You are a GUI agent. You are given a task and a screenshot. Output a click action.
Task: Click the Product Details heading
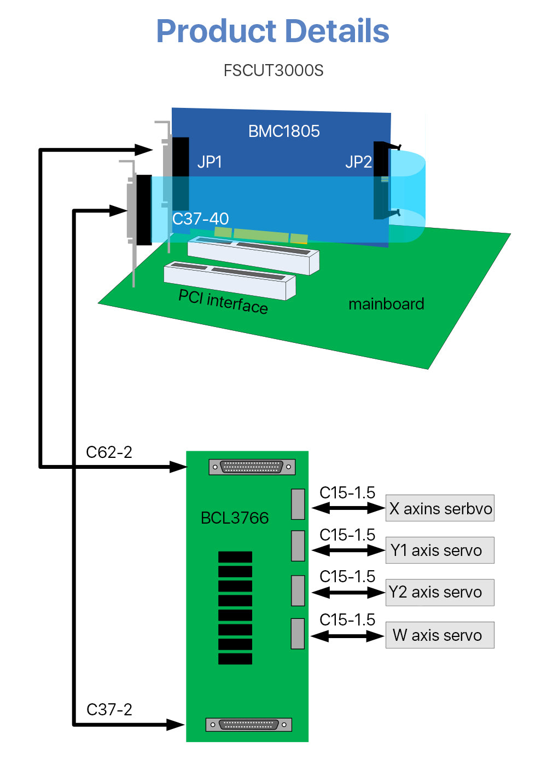[272, 31]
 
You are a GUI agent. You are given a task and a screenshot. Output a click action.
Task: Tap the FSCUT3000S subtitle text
[273, 71]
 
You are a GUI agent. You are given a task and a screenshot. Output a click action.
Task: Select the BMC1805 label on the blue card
[284, 131]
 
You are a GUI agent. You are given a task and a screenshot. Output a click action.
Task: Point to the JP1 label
[210, 162]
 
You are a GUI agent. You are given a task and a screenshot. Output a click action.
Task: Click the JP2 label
[358, 162]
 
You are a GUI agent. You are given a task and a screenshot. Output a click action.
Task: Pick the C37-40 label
[200, 219]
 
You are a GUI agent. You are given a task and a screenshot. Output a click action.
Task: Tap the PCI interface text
[223, 301]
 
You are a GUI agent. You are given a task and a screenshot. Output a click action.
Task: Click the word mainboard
[386, 304]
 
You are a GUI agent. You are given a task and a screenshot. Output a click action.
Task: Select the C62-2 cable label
[109, 452]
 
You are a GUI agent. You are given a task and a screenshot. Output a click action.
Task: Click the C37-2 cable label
[109, 710]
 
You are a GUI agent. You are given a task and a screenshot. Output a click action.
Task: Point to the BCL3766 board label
[235, 518]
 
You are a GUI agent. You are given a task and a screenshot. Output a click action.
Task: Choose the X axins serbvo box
[440, 508]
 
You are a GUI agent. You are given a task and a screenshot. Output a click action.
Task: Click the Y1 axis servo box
[440, 550]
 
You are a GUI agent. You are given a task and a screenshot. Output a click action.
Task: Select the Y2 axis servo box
[440, 593]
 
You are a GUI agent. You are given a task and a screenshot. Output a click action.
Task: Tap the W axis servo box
[440, 635]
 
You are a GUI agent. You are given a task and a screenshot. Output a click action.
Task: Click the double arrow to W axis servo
[347, 636]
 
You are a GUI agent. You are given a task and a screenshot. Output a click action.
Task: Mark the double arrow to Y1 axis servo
[348, 550]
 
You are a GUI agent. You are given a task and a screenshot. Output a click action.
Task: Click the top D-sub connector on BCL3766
[252, 467]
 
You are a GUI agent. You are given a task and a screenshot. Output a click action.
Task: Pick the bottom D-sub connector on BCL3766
[249, 725]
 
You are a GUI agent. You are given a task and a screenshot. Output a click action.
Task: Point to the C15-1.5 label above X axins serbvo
[347, 493]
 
